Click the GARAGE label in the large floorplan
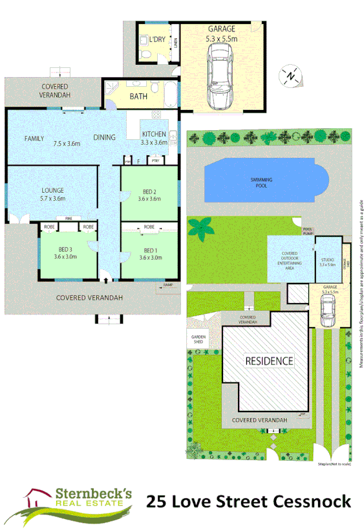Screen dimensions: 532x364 [221, 29]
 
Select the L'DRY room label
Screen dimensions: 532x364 [157, 39]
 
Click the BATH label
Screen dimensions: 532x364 [138, 96]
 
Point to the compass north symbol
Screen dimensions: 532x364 [292, 76]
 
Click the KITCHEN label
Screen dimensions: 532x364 [154, 135]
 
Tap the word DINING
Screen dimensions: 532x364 [104, 137]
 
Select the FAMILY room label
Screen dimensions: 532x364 [34, 139]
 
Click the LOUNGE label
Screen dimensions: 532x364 [52, 190]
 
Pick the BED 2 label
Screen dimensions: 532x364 [149, 191]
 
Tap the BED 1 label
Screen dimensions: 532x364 [149, 250]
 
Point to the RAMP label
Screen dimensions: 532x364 [168, 285]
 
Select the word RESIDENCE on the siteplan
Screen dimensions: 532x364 [268, 360]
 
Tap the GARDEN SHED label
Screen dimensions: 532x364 [197, 339]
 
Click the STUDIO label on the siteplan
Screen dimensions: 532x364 [327, 259]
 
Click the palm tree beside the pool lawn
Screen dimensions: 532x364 [202, 228]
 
